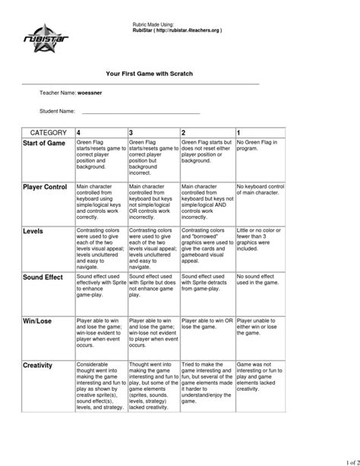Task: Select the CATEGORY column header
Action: point(49,132)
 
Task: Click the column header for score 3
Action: point(133,132)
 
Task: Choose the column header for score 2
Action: point(185,132)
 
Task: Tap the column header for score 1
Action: point(240,132)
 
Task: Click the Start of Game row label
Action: point(45,144)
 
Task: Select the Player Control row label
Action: point(46,187)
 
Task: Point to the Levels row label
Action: point(33,230)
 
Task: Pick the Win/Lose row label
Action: point(38,323)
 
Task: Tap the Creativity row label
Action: point(38,366)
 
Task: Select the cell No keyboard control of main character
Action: point(261,189)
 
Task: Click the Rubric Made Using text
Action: point(155,25)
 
